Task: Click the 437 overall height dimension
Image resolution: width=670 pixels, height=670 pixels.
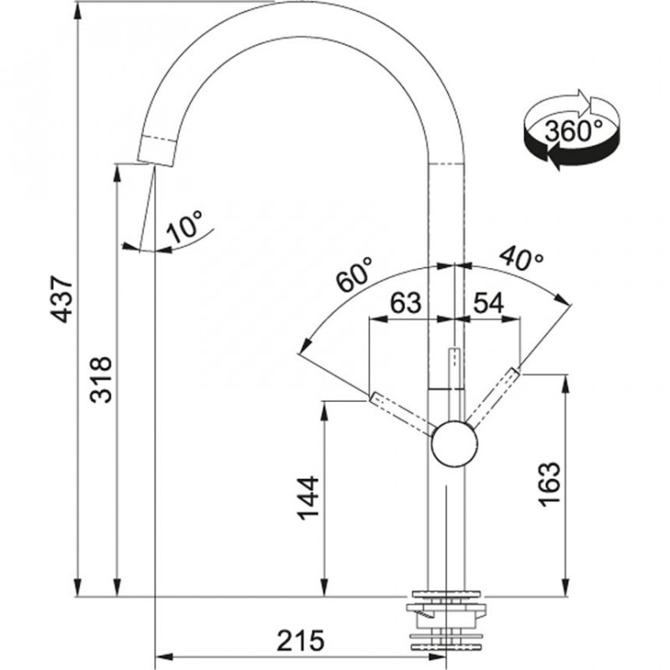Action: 61,299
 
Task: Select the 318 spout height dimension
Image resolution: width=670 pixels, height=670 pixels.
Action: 101,379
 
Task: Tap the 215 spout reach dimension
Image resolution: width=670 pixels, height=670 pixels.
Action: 301,641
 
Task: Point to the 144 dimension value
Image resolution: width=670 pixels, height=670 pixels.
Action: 308,498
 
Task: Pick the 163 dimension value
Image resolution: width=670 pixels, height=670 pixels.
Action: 549,484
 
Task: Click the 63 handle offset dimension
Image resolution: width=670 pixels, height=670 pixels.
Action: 405,303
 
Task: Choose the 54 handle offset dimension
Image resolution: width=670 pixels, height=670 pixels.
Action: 488,303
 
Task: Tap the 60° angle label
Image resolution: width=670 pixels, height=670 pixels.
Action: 354,274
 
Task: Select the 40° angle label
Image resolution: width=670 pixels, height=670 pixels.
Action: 522,257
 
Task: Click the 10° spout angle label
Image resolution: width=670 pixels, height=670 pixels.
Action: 183,226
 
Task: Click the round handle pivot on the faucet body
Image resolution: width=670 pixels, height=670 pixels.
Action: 454,444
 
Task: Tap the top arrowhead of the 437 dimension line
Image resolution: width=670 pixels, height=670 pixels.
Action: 77,12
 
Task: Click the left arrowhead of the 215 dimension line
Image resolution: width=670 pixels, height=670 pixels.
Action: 165,657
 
